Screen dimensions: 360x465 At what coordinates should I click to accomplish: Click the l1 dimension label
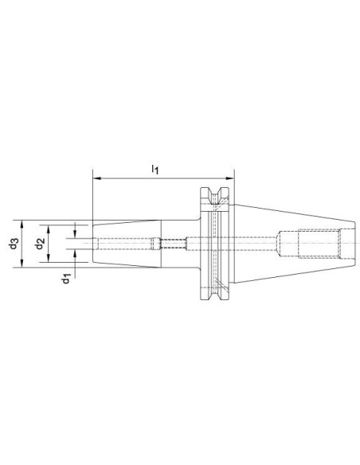pyautogui.click(x=155, y=170)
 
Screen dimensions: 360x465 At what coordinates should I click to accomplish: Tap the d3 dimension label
pyautogui.click(x=14, y=244)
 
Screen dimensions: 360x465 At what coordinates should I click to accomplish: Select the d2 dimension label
pyautogui.click(x=40, y=244)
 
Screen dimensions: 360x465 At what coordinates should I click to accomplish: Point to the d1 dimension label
pyautogui.click(x=66, y=279)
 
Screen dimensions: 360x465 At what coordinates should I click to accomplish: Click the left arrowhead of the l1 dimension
pyautogui.click(x=96, y=178)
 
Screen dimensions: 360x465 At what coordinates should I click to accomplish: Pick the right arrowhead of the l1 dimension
pyautogui.click(x=230, y=178)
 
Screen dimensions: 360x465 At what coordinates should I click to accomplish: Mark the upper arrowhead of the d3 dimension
pyautogui.click(x=22, y=225)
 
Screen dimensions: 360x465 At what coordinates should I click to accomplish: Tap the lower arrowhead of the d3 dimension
pyautogui.click(x=22, y=263)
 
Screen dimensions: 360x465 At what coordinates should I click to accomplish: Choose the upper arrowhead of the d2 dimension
pyautogui.click(x=49, y=229)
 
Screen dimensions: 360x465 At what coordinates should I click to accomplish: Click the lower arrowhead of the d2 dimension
pyautogui.click(x=49, y=258)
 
